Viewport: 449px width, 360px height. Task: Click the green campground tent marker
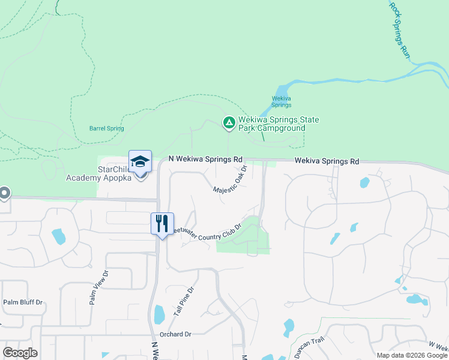tap(229, 123)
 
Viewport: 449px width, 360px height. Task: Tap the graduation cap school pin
tap(140, 162)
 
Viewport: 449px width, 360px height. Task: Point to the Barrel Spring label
tap(106, 128)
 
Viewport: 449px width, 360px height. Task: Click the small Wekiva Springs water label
tap(282, 101)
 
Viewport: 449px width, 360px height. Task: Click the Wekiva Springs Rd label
tap(327, 161)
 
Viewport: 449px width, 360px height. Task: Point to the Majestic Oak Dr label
tap(231, 182)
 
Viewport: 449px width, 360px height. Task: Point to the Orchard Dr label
tap(175, 334)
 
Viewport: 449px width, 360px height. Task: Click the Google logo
tap(20, 353)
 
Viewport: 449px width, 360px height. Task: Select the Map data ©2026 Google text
tap(412, 355)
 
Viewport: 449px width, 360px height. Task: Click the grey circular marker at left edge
tap(4, 193)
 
